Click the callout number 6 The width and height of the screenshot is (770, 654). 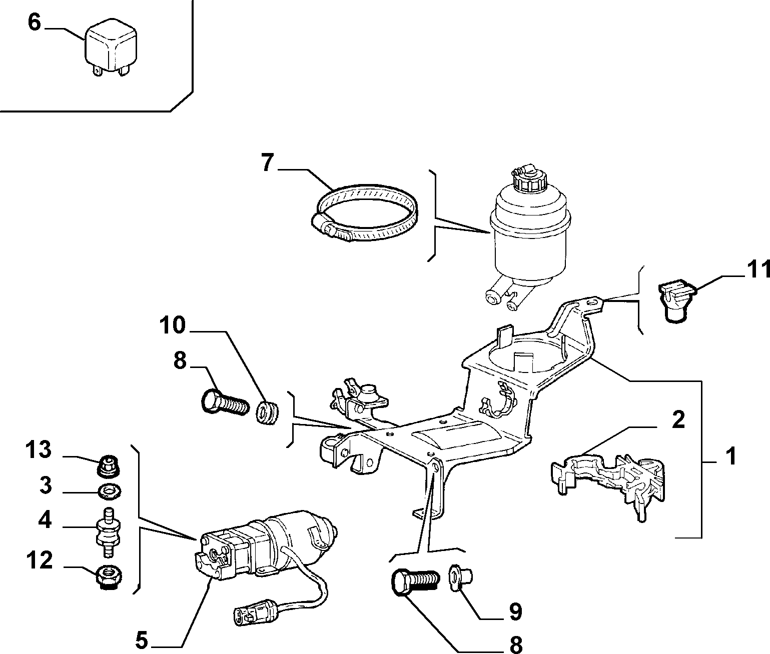click(x=34, y=23)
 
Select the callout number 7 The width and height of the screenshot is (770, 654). click(x=268, y=163)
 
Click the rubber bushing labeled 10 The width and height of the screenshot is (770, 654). click(x=268, y=411)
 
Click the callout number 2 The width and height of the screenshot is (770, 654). click(x=678, y=420)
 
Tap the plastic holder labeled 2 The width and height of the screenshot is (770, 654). click(x=607, y=484)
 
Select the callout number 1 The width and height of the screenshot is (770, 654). click(x=731, y=456)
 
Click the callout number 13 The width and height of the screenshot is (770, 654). click(x=38, y=449)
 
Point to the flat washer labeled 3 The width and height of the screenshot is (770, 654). click(x=110, y=492)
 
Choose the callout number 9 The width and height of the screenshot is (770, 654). click(x=515, y=611)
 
